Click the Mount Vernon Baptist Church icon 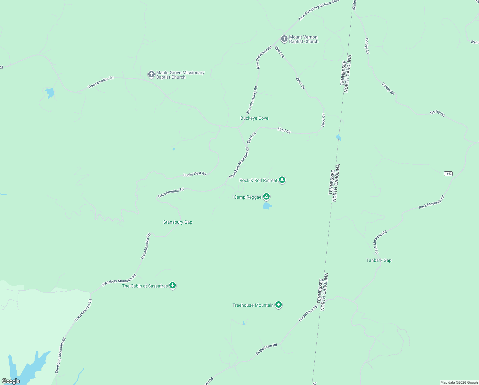pyautogui.click(x=284, y=39)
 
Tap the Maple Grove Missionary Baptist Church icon pyautogui.click(x=151, y=74)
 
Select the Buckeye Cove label pyautogui.click(x=254, y=118)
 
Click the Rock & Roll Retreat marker pyautogui.click(x=282, y=180)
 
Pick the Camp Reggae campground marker pyautogui.click(x=266, y=196)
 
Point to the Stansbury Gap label pyautogui.click(x=178, y=222)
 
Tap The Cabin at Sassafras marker pyautogui.click(x=173, y=285)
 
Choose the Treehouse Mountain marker pyautogui.click(x=279, y=304)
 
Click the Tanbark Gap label pyautogui.click(x=379, y=260)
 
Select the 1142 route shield pyautogui.click(x=448, y=174)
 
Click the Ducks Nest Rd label pyautogui.click(x=195, y=174)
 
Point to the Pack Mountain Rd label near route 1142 pyautogui.click(x=432, y=202)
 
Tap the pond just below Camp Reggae pyautogui.click(x=267, y=206)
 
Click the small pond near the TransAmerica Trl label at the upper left pyautogui.click(x=50, y=93)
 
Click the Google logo pyautogui.click(x=11, y=381)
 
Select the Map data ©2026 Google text pyautogui.click(x=459, y=382)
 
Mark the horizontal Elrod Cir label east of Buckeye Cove pyautogui.click(x=284, y=130)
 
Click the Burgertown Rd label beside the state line pyautogui.click(x=308, y=313)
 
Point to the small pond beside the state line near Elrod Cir pyautogui.click(x=338, y=138)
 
